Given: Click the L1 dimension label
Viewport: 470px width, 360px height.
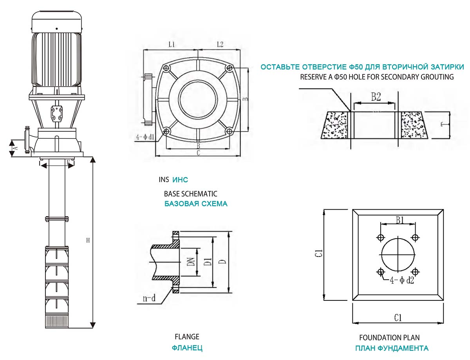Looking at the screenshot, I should coord(171,44).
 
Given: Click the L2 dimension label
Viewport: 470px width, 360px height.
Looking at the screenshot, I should coord(220,44).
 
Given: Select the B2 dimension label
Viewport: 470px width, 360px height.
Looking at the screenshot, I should coord(376,97).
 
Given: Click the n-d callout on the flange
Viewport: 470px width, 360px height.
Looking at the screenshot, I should coord(148,299).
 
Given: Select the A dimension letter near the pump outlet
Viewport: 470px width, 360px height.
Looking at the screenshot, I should coord(16,148).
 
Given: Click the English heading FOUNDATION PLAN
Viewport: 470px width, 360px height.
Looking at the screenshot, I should coord(389,337).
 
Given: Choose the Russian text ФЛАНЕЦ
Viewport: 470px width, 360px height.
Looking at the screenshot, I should coord(187,348).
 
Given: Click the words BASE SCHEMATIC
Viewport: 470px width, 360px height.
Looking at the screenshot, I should coord(190,194).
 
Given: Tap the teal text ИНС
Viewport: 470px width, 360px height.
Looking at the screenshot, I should coord(180,180).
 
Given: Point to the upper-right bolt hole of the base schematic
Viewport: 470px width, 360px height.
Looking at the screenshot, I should coord(230,68).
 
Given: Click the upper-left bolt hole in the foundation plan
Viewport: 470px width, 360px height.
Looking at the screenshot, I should coord(380,237).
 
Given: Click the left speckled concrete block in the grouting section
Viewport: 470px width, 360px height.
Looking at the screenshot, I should coord(335,125).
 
